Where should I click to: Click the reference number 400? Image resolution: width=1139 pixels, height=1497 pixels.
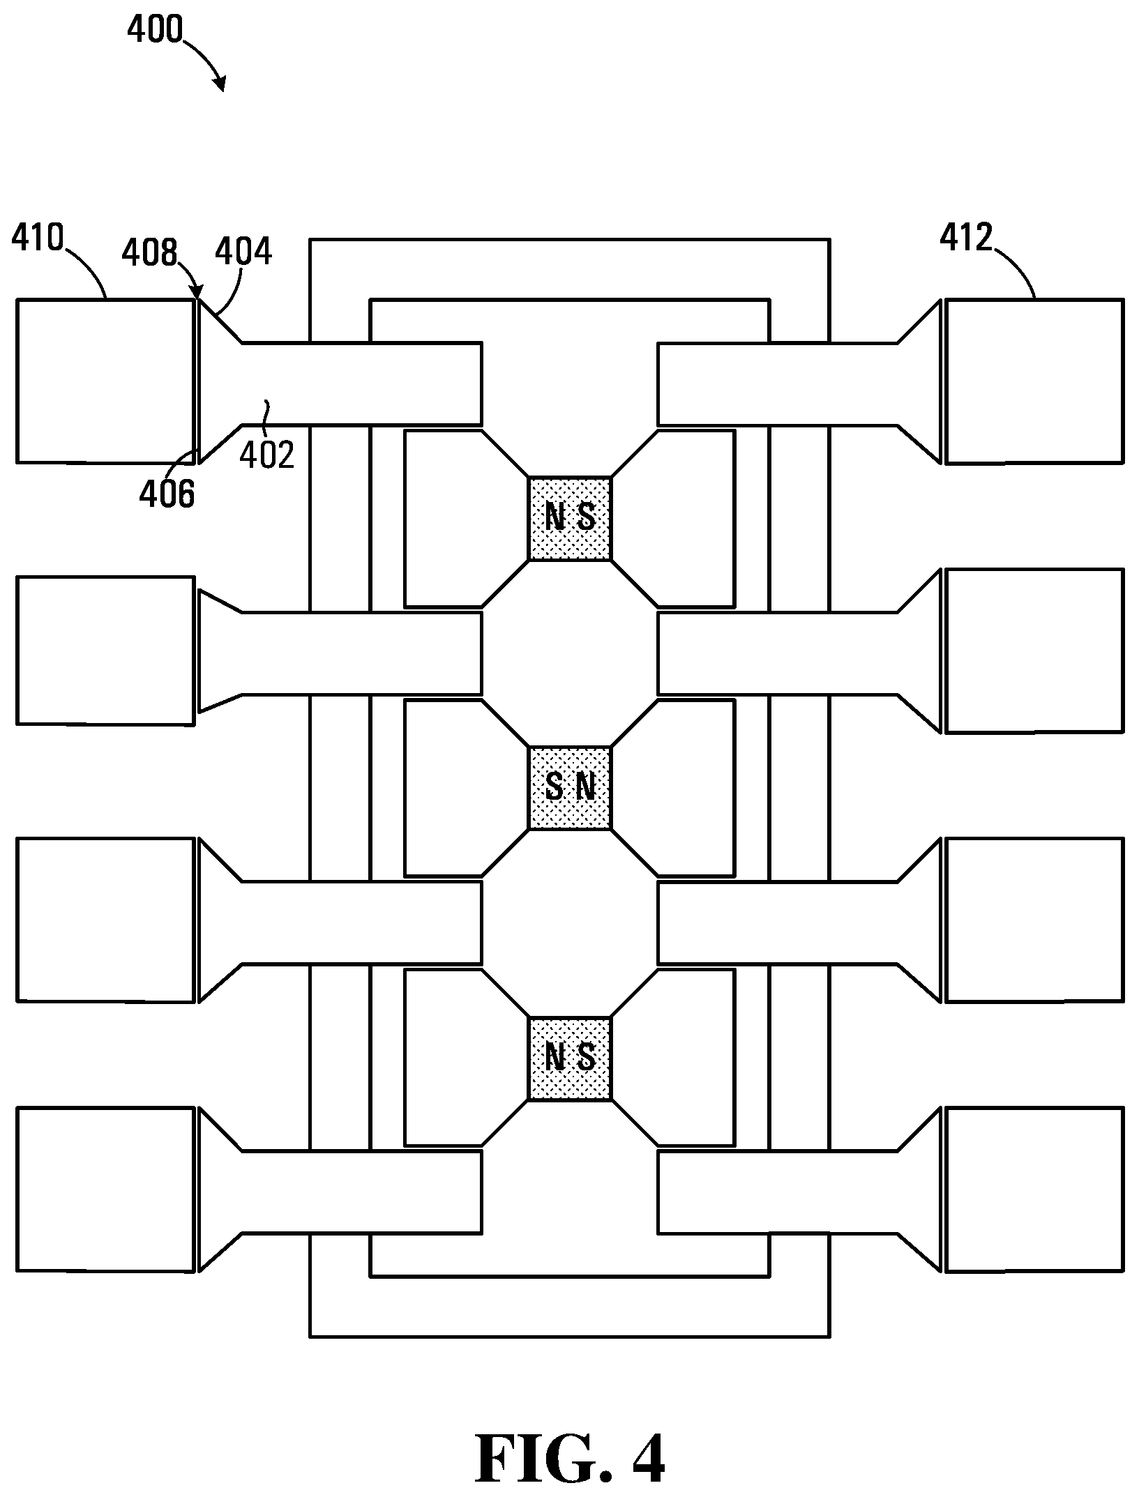pos(155,30)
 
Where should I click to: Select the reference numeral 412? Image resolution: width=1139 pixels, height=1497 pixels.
pos(966,238)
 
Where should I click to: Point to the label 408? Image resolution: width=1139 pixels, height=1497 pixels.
pos(150,252)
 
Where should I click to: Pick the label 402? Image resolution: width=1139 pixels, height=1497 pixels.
pos(267,455)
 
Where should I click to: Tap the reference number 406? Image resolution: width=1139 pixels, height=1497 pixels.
pos(167,494)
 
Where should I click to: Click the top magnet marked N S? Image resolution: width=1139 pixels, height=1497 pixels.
pos(570,518)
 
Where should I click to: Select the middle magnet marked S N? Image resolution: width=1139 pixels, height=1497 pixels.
pos(570,788)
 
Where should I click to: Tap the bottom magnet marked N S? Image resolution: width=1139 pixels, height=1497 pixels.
pos(570,1058)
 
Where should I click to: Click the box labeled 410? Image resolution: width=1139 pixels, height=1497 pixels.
pos(105,381)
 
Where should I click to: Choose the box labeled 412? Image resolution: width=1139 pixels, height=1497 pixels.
pos(1034,381)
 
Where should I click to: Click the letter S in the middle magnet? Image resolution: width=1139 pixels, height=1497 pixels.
pos(554,788)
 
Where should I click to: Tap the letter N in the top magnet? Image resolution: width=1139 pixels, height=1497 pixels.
pos(554,517)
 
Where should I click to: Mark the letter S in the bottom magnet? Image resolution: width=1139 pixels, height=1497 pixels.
pos(587,1058)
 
